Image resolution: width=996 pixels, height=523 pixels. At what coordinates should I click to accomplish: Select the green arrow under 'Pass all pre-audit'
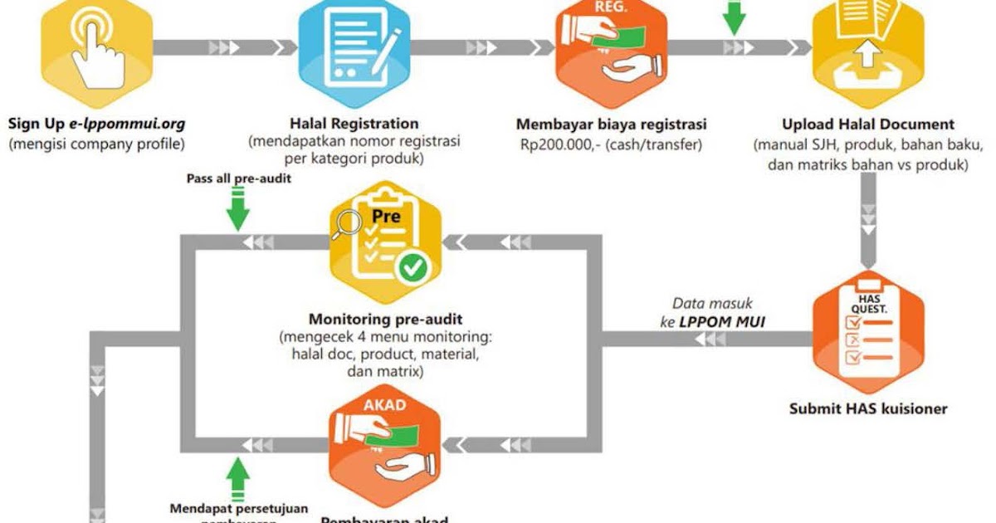pos(238,210)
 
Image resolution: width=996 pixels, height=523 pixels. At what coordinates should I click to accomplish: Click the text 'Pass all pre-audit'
pos(238,178)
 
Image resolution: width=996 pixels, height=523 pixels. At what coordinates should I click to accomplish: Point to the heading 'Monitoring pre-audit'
pos(386,319)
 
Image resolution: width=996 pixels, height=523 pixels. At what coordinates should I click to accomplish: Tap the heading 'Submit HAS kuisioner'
pos(868,408)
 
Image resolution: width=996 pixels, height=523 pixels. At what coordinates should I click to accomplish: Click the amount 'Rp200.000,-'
pos(558,144)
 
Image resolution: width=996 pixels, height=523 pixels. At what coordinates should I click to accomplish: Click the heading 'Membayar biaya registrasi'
pos(612,125)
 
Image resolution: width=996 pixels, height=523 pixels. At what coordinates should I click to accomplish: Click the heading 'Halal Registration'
pos(354,125)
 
